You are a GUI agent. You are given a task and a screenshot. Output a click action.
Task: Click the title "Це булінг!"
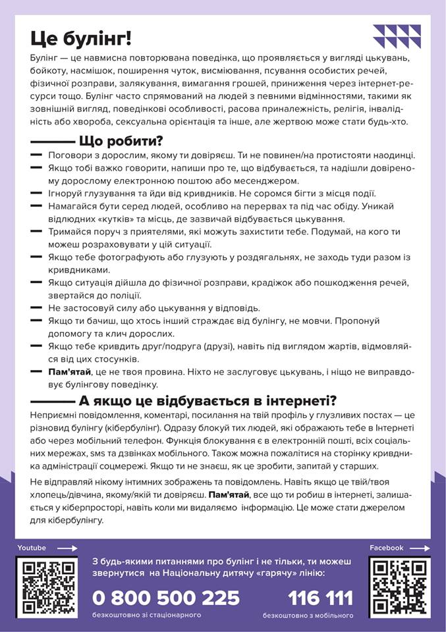pyautogui.click(x=81, y=38)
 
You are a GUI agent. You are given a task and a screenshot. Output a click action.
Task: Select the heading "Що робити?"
pyautogui.click(x=121, y=141)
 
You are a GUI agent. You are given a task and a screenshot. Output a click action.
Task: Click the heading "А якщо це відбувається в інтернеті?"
pyautogui.click(x=208, y=400)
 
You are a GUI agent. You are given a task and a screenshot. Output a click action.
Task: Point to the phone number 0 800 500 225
pyautogui.click(x=166, y=598)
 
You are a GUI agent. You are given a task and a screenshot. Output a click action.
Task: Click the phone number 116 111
pyautogui.click(x=320, y=598)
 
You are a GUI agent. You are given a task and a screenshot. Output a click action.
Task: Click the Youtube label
pyautogui.click(x=32, y=548)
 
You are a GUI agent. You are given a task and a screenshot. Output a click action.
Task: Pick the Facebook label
pyautogui.click(x=386, y=548)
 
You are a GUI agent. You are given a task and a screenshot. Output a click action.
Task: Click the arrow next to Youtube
pyautogui.click(x=67, y=548)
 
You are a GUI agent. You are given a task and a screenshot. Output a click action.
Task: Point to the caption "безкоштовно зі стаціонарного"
pyautogui.click(x=147, y=616)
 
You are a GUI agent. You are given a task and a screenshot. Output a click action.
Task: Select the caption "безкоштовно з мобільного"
pyautogui.click(x=308, y=616)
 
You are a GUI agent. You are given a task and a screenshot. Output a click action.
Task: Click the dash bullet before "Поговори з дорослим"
pyautogui.click(x=36, y=155)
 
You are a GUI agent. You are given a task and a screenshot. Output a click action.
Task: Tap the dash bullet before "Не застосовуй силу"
pyautogui.click(x=36, y=308)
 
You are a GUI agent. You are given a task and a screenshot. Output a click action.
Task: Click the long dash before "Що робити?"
pyautogui.click(x=53, y=142)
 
